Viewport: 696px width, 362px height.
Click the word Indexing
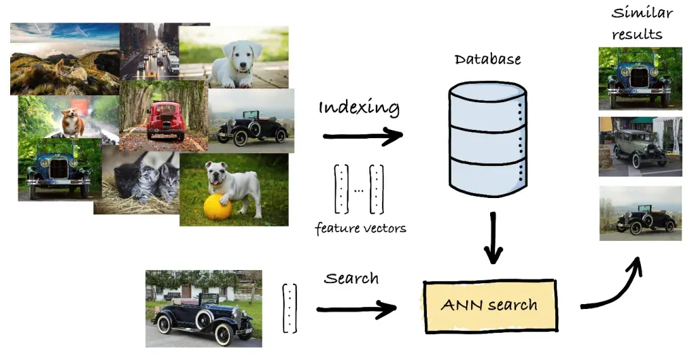tap(359, 108)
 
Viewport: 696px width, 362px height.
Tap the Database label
tap(487, 59)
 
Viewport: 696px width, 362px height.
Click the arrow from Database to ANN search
tap(493, 237)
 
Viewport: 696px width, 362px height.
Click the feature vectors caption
tap(360, 229)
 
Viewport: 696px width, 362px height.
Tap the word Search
tap(351, 279)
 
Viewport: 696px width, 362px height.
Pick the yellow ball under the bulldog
tap(217, 207)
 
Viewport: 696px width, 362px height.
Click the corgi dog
tap(72, 123)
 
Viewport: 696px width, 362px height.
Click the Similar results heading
tap(642, 23)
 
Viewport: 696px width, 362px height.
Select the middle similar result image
tap(640, 146)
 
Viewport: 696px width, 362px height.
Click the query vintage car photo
tap(203, 308)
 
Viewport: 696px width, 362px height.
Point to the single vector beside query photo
tap(290, 308)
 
